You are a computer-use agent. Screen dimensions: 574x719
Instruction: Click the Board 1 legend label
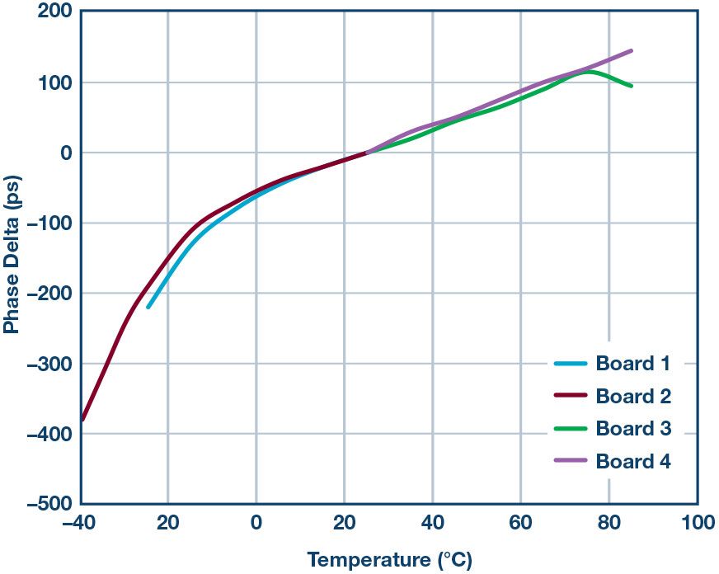pos(633,364)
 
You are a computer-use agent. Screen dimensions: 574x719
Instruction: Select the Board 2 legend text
pos(633,396)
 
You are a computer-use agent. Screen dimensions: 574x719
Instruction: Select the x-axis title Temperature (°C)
pos(390,561)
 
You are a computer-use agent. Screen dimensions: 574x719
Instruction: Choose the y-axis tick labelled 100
pos(55,82)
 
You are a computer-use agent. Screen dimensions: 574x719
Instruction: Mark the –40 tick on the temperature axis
pos(79,523)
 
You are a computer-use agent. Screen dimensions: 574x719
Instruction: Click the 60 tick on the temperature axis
pos(520,523)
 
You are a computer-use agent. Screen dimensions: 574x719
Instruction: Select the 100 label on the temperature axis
pos(697,523)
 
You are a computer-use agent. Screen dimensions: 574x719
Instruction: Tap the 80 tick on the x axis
pos(609,523)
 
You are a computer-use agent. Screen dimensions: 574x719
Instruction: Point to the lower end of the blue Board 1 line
pos(148,307)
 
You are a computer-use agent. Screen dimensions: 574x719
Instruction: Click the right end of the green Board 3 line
pos(632,86)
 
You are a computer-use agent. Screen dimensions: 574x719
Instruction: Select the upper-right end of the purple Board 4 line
pos(632,50)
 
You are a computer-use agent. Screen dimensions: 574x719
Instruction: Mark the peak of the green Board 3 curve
pos(590,72)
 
